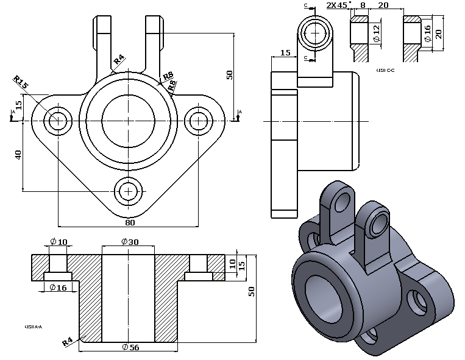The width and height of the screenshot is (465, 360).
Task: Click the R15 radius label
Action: pyautogui.click(x=21, y=82)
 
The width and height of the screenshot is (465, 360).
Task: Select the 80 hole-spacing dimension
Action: pyautogui.click(x=129, y=222)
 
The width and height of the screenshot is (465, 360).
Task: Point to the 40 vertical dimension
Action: pyautogui.click(x=18, y=155)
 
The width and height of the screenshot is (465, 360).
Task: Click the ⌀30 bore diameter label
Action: pyautogui.click(x=130, y=242)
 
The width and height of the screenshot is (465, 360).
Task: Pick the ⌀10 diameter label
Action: pyautogui.click(x=59, y=242)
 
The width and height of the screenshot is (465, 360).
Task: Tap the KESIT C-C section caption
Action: pyautogui.click(x=386, y=70)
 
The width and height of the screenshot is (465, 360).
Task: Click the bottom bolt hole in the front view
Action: pyautogui.click(x=129, y=191)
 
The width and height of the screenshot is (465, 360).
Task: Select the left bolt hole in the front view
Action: pyautogui.click(x=59, y=120)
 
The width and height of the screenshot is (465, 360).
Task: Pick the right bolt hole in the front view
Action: pyautogui.click(x=199, y=120)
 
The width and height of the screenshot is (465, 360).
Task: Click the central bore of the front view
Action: pyautogui.click(x=129, y=116)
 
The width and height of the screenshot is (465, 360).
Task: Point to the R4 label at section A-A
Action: pyautogui.click(x=68, y=342)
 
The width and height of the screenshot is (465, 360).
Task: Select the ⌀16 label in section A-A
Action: pyautogui.click(x=59, y=288)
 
